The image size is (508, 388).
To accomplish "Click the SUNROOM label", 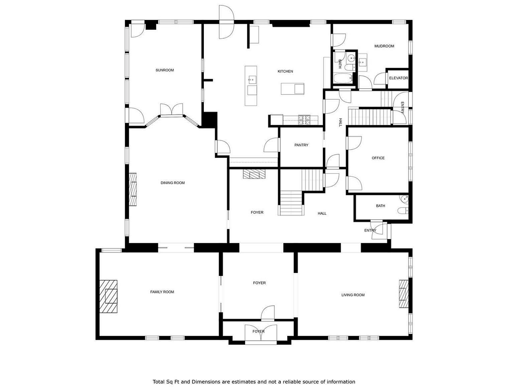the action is [165, 70].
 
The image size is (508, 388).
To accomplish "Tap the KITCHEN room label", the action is [285, 71].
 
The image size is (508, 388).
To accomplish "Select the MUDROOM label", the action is [384, 46].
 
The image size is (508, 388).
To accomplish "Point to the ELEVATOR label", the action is [398, 78].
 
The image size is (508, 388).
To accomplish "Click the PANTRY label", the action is [301, 145].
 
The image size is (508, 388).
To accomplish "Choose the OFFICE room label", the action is [378, 158].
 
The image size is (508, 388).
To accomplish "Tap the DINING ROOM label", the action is [173, 183].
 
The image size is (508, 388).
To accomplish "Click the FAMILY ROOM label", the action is [162, 292].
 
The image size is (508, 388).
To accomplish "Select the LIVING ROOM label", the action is [353, 295].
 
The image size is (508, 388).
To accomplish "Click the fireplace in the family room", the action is [108, 296].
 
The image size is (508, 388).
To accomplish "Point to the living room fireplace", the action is [404, 294].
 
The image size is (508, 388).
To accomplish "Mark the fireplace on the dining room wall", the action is [133, 189].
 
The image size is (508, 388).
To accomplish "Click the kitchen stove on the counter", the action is [305, 120].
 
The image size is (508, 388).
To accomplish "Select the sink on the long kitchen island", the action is [252, 79].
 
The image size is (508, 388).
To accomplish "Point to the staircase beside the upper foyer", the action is [291, 202].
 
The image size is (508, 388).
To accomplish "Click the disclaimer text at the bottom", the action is [254, 382].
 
